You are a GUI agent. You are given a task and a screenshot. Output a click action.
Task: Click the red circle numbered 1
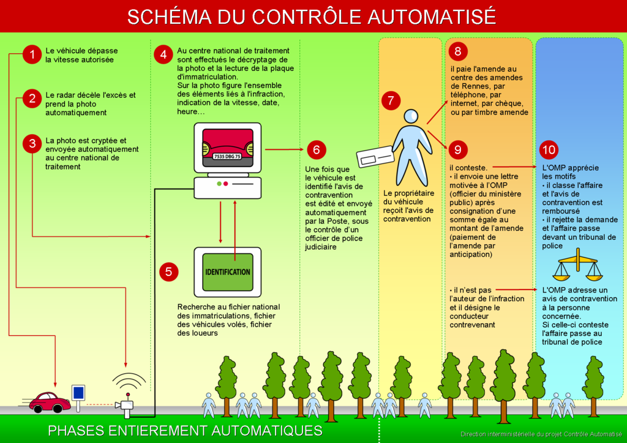(32, 54)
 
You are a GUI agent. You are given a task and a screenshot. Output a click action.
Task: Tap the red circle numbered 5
(168, 272)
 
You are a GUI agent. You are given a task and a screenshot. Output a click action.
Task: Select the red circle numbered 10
(549, 150)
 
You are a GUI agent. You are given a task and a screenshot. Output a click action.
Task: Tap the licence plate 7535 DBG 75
(227, 156)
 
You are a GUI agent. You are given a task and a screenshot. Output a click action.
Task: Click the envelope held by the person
(375, 157)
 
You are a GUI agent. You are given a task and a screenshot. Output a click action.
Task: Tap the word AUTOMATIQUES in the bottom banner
(267, 430)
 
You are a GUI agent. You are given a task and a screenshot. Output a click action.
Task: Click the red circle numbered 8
(458, 51)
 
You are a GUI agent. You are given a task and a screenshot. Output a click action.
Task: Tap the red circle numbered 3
(32, 144)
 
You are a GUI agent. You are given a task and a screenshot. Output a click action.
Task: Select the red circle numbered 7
(391, 100)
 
